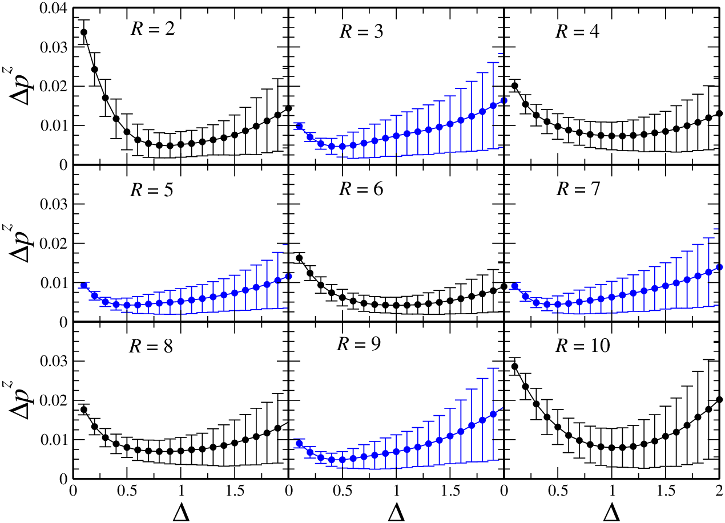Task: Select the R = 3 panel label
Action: click(x=361, y=32)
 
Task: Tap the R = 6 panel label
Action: click(x=361, y=189)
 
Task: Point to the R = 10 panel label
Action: click(x=583, y=345)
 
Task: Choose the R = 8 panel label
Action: click(x=151, y=346)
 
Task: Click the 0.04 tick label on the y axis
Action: click(x=54, y=8)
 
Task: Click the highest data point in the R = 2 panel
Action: click(x=84, y=33)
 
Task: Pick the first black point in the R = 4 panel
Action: click(x=514, y=86)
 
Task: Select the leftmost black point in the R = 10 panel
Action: click(x=514, y=367)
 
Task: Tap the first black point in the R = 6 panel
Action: click(x=299, y=258)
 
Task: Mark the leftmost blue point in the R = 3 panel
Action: click(x=299, y=126)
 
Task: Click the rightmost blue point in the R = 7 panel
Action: click(x=719, y=267)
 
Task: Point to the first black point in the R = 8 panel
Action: click(x=84, y=410)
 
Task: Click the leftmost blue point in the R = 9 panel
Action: click(x=299, y=443)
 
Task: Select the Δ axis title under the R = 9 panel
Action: click(x=396, y=513)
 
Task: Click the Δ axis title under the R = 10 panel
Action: click(x=612, y=513)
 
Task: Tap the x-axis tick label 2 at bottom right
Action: click(x=719, y=491)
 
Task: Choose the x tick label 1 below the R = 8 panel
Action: click(x=181, y=491)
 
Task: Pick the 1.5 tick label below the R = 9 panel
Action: click(x=450, y=491)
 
